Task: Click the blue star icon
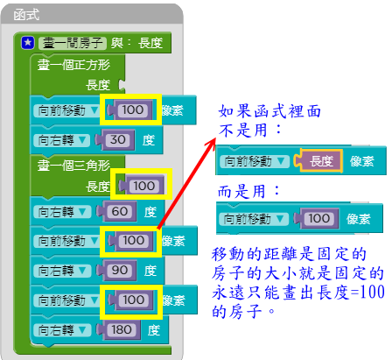pos(28,43)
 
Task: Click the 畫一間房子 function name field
pos(73,43)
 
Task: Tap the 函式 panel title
pos(26,15)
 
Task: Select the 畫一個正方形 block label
pos(73,65)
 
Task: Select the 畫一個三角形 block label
pos(73,166)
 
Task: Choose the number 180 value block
pos(119,329)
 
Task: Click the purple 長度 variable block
pos(318,160)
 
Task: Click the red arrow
pos(186,184)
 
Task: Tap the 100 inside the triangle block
pos(142,186)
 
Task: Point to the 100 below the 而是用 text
pos(317,218)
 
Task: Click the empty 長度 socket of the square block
pos(122,85)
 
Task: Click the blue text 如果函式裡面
pos(269,111)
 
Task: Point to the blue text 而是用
pos(241,192)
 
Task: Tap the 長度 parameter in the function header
pos(150,43)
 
